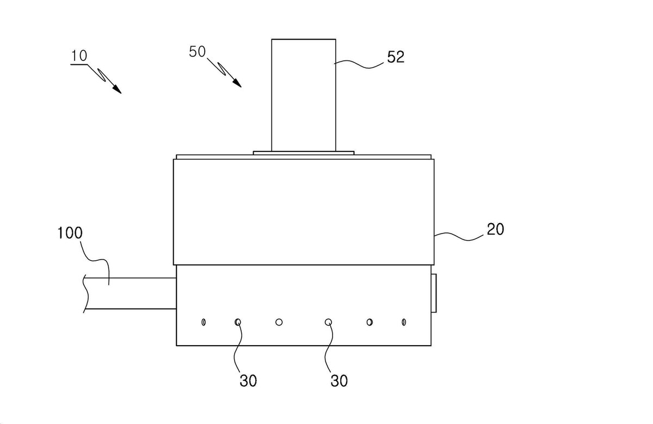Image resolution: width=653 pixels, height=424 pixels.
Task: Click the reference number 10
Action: (79, 56)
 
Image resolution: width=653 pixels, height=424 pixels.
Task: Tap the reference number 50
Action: (198, 52)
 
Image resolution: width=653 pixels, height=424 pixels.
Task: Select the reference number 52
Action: (396, 57)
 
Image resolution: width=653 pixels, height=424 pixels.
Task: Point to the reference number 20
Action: (495, 229)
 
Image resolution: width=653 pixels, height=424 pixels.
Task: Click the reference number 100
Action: (70, 233)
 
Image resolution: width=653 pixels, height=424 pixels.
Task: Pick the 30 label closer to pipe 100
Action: (248, 380)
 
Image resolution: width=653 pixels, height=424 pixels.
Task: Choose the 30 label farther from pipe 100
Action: (339, 380)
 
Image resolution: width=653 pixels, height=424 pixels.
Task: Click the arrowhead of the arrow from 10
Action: (117, 89)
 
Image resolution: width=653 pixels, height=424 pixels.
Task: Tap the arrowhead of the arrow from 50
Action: (237, 83)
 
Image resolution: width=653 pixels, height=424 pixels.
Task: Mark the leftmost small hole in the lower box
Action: (204, 322)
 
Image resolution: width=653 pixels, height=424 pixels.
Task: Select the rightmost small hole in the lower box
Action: (404, 322)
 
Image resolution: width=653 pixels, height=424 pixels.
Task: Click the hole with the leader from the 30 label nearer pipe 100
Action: (238, 322)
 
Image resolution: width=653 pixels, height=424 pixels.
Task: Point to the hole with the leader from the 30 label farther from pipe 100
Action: (328, 322)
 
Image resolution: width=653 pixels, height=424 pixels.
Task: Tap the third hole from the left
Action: (279, 322)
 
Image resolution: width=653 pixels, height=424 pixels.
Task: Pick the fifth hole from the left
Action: (369, 322)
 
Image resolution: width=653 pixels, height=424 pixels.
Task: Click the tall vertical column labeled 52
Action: (304, 95)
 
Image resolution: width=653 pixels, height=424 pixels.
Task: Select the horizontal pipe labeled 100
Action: (130, 293)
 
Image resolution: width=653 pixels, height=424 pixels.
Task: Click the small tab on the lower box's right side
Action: (434, 293)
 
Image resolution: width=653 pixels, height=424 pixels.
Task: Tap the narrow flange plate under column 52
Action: (304, 153)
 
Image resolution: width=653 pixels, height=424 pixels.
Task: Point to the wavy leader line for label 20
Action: (460, 237)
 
